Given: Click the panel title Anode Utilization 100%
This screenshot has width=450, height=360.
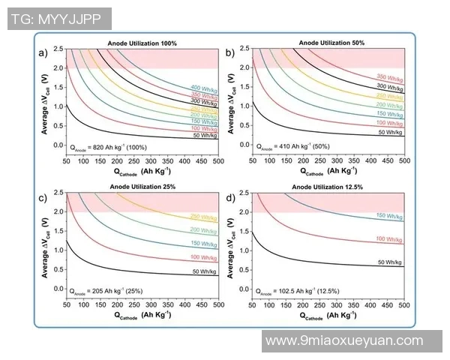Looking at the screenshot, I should click(x=142, y=44).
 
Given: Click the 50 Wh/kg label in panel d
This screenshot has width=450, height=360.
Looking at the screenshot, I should click(x=390, y=262).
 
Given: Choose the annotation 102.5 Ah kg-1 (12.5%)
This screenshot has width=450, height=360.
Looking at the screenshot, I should click(x=297, y=291).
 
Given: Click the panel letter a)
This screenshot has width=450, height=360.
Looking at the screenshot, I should click(x=44, y=52).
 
